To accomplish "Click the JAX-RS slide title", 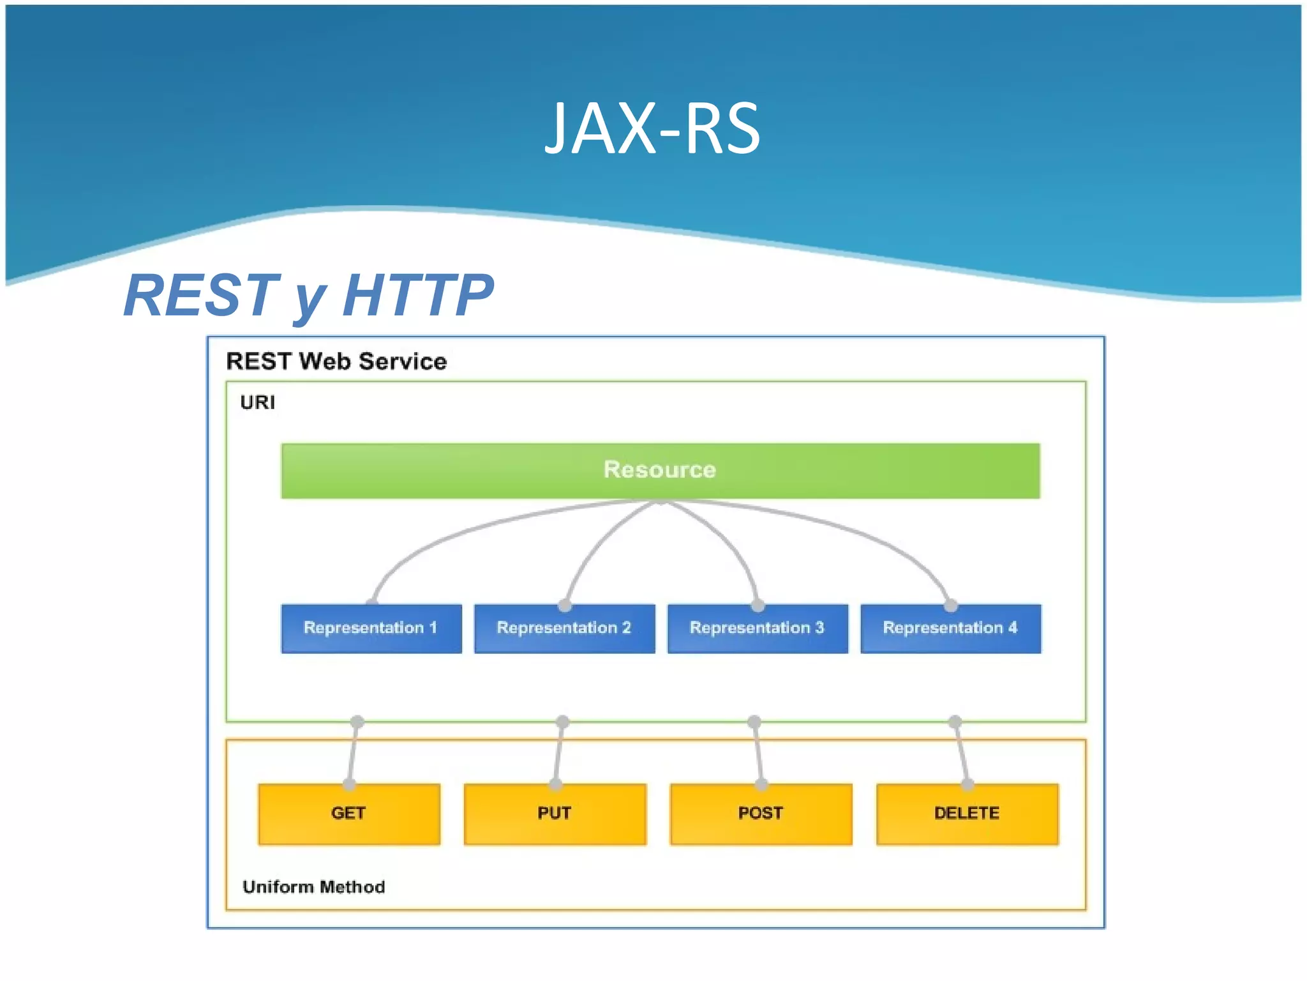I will [x=652, y=129].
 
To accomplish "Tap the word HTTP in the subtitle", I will [x=418, y=295].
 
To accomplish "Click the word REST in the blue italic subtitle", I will [x=202, y=295].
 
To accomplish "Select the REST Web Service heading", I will [x=336, y=361].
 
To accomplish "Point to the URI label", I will [x=257, y=402].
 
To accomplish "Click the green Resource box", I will [x=660, y=471].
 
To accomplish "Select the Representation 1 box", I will [x=371, y=628].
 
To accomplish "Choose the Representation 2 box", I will [x=564, y=628].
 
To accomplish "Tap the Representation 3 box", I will [x=758, y=628].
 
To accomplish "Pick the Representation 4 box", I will [x=950, y=628].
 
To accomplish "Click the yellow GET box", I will [x=348, y=814].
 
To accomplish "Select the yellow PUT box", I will [x=555, y=814].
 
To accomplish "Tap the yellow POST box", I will [x=761, y=814].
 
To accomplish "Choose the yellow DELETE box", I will [x=967, y=814].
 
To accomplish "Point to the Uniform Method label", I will [x=313, y=887].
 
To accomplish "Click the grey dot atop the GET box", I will [x=349, y=784].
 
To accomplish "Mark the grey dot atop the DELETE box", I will [x=967, y=784].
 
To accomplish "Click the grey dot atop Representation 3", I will [x=758, y=605].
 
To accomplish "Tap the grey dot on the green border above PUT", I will [x=562, y=722].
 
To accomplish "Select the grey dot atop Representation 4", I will [x=950, y=605].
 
